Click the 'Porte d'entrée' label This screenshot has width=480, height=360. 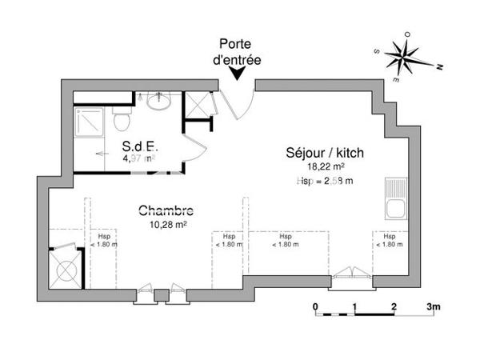tap(238, 52)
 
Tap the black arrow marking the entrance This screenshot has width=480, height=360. tap(238, 74)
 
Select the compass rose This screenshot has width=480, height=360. tap(406, 55)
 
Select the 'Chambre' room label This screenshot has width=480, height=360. tap(166, 211)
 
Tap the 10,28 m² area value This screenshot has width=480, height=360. tap(167, 225)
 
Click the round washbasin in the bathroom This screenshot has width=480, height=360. tap(157, 102)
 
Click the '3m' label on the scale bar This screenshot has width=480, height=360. tap(434, 306)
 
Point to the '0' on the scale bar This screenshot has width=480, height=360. tap(315, 306)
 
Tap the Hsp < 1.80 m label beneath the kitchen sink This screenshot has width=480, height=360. tap(389, 241)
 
